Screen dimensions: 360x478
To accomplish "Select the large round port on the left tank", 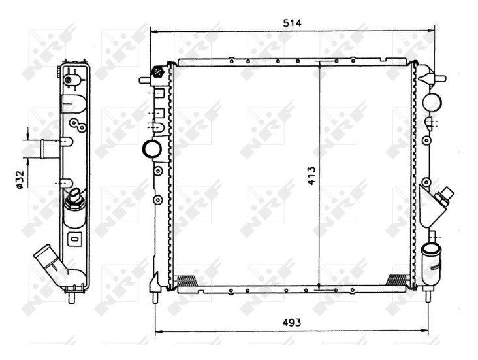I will tap(152, 149).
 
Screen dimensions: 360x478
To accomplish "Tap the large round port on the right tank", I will tap(431, 103).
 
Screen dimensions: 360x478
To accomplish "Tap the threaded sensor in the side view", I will tap(76, 197).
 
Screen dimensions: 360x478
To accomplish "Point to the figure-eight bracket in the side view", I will tap(76, 125).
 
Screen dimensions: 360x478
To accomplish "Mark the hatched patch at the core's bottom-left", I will tap(186, 279).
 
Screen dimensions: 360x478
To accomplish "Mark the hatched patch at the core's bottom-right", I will tap(396, 279).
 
